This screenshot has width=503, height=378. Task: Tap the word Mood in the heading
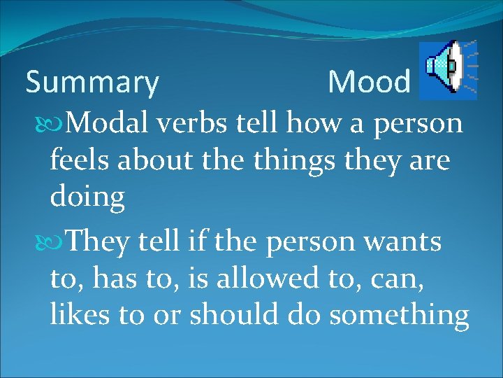(x=370, y=83)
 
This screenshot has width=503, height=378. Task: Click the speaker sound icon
(x=448, y=69)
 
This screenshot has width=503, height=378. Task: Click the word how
(x=321, y=124)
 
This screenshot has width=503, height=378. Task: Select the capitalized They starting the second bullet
(x=99, y=242)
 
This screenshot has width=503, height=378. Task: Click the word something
(x=399, y=316)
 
